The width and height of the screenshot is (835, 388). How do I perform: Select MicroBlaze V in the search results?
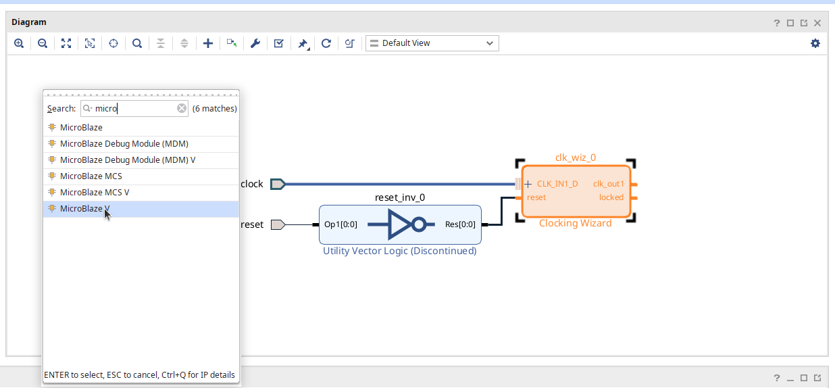click(x=81, y=209)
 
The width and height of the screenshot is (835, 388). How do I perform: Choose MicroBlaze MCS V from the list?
click(x=95, y=193)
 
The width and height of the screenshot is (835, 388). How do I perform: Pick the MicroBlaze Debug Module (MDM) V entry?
click(x=127, y=160)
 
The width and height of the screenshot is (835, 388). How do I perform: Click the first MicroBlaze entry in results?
click(x=81, y=128)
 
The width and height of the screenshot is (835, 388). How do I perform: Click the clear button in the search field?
click(x=182, y=109)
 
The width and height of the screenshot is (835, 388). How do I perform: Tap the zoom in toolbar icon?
click(x=19, y=43)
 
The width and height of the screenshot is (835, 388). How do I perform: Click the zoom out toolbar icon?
click(x=43, y=43)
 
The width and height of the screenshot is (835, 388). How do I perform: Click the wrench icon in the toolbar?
click(x=255, y=43)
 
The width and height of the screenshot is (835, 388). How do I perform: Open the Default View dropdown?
click(x=432, y=43)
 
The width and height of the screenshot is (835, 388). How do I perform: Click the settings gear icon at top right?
click(x=815, y=43)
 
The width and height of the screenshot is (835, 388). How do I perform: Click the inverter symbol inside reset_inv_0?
click(x=406, y=224)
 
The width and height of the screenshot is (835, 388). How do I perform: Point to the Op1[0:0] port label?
click(x=340, y=225)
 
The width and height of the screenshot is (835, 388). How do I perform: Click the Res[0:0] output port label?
click(x=460, y=225)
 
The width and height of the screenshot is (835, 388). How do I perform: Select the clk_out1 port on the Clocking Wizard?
click(x=609, y=184)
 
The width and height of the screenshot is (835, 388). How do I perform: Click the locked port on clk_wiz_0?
click(x=611, y=197)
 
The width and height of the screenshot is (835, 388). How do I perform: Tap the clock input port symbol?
click(x=278, y=184)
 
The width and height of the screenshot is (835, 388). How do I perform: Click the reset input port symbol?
click(x=278, y=225)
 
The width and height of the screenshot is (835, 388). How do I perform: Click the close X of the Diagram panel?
click(x=817, y=23)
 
